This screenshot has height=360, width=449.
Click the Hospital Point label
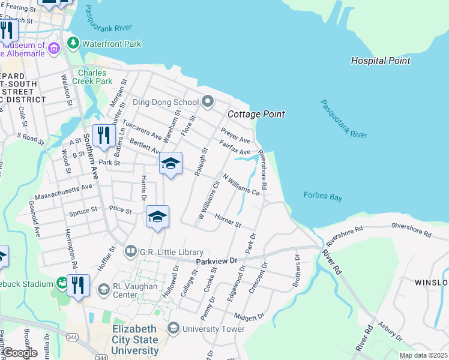click(x=381, y=61)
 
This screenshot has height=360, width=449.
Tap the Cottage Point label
click(x=255, y=114)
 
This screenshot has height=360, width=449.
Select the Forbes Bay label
click(x=322, y=195)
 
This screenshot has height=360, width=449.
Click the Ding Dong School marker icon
click(x=208, y=101)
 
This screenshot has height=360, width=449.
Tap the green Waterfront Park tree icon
click(x=73, y=43)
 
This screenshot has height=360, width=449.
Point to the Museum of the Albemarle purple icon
click(x=54, y=47)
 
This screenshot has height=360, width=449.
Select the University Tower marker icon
click(x=173, y=328)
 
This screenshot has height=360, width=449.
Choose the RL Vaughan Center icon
click(x=103, y=290)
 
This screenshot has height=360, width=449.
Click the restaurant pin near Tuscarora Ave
click(x=104, y=136)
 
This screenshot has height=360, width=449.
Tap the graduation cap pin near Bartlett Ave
click(x=170, y=163)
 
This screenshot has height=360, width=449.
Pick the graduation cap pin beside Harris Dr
click(x=157, y=217)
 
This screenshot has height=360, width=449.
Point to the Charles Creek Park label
click(x=92, y=77)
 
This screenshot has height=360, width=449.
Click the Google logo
click(x=20, y=352)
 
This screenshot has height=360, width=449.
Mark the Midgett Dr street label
click(x=249, y=316)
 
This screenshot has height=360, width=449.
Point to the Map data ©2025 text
click(x=423, y=355)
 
